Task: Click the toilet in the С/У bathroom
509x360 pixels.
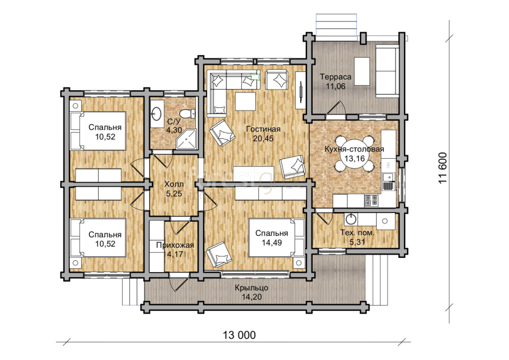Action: pyautogui.click(x=188, y=113)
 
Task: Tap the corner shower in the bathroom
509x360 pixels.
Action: pyautogui.click(x=187, y=139)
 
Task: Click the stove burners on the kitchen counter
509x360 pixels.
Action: pyautogui.click(x=372, y=201)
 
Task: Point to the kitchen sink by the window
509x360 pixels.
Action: pyautogui.click(x=389, y=181)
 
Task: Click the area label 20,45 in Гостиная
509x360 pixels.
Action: pyautogui.click(x=263, y=138)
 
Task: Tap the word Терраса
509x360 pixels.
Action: pyautogui.click(x=336, y=77)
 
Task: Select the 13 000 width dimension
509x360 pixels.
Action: pyautogui.click(x=239, y=334)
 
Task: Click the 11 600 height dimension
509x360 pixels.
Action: pyautogui.click(x=443, y=168)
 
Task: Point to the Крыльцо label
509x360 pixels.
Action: pyautogui.click(x=251, y=287)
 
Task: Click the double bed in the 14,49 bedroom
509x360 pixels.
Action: pyautogui.click(x=276, y=238)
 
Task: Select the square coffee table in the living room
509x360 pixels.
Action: pyautogui.click(x=245, y=101)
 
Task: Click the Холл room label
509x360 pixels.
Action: pyautogui.click(x=174, y=184)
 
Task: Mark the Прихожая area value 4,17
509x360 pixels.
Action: pyautogui.click(x=175, y=255)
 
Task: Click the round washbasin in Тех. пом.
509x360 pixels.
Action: pyautogui.click(x=351, y=219)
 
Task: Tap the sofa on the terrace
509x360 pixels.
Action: pyautogui.click(x=387, y=71)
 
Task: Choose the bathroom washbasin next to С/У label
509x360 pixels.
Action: pyautogui.click(x=157, y=113)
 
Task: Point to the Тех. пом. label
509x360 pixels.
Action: pyautogui.click(x=357, y=232)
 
